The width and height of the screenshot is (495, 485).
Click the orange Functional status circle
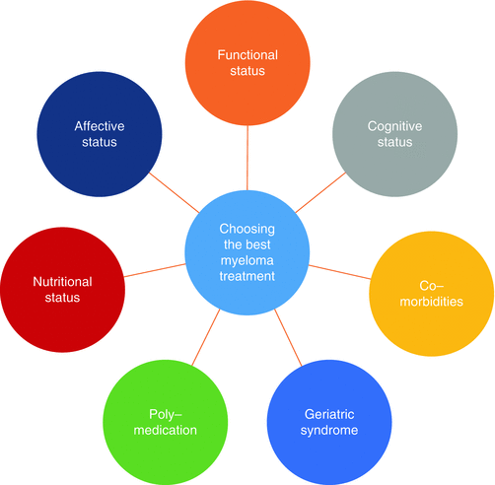tap(247, 63)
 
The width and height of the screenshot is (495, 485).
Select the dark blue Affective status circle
tap(100, 134)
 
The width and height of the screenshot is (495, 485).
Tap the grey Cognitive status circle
tap(394, 134)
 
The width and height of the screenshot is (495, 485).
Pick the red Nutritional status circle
tap(62, 290)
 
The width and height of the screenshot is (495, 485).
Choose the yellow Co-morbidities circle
tap(431, 294)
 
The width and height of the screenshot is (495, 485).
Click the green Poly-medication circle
tap(166, 422)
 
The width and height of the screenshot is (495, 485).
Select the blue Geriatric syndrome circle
tap(329, 422)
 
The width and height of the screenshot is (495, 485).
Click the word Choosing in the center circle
tap(247, 230)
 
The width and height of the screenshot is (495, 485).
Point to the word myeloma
tap(247, 260)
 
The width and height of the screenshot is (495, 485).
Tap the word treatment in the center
tap(247, 276)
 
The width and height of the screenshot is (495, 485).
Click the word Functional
tap(247, 55)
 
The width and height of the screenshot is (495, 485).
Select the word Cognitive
tap(394, 127)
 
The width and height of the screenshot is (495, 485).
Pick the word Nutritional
tap(62, 282)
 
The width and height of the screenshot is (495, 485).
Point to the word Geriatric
tap(329, 414)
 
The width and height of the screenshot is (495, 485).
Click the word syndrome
tap(329, 431)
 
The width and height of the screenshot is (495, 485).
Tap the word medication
tap(166, 430)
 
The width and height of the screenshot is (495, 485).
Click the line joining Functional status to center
tap(247, 158)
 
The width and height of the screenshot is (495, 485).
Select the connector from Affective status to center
tap(175, 192)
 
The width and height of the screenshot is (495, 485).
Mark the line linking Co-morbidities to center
tap(340, 272)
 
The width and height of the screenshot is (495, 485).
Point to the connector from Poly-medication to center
tap(206, 337)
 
